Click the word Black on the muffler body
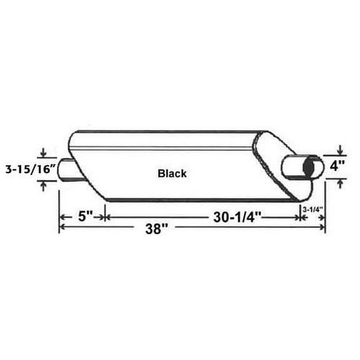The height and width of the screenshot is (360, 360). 172,173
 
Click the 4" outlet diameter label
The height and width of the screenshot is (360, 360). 338,167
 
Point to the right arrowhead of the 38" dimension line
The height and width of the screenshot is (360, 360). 322,229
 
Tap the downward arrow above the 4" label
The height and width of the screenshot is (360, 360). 339,151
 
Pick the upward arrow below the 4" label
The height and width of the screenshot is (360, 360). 339,182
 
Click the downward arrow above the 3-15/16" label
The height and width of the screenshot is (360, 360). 43,154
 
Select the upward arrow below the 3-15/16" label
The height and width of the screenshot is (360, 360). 43,184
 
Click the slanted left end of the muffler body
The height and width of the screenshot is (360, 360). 87,178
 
